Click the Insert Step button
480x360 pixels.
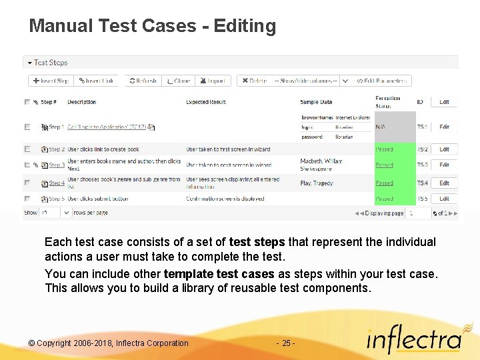[x=51, y=81]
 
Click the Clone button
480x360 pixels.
[x=178, y=81]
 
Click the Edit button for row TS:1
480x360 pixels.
[x=444, y=127]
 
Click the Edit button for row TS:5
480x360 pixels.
[x=444, y=199]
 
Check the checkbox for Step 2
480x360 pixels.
[x=27, y=149]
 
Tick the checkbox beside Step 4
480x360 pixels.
[x=27, y=183]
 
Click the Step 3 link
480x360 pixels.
[x=57, y=165]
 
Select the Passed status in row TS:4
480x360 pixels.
[x=384, y=183]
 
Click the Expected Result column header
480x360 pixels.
[x=206, y=102]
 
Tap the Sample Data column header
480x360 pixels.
[x=316, y=102]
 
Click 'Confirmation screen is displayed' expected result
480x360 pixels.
[x=225, y=199]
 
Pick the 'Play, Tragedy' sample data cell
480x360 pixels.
[x=317, y=183]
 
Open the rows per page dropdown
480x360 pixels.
[x=56, y=213]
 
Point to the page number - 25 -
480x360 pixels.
[x=285, y=343]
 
